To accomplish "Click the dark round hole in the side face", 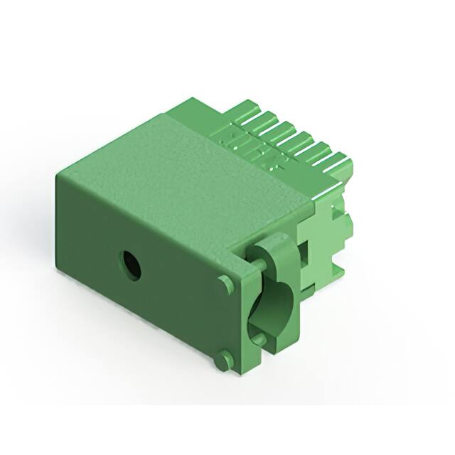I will click(131, 264).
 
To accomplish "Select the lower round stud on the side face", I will click(223, 360).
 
